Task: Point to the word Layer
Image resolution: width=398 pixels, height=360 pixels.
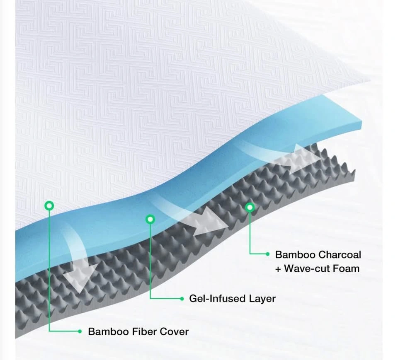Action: pos(261,298)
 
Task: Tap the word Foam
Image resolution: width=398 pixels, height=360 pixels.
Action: pos(345,268)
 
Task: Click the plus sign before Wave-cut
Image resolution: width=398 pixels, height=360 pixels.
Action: pos(278,269)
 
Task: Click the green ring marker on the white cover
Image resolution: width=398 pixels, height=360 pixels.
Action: pos(49,205)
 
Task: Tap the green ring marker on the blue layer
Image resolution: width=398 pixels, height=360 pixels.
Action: pos(150,218)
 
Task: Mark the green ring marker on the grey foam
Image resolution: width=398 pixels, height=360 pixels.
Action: pos(249,207)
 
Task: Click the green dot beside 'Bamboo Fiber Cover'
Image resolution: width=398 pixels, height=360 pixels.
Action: pos(80,331)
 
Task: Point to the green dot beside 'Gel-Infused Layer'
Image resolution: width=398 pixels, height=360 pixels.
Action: pos(182,298)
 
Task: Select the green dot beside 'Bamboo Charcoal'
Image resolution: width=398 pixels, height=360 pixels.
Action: pos(267,254)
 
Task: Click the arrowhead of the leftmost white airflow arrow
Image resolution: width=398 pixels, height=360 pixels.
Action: pos(80,275)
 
